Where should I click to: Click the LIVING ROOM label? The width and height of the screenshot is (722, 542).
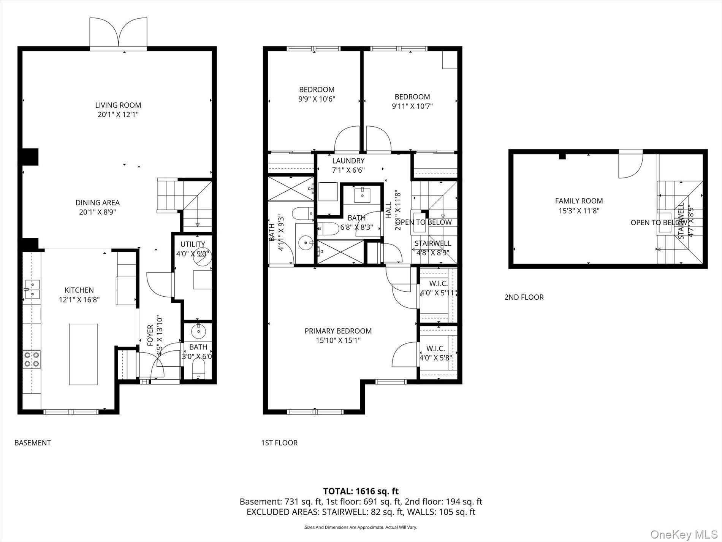tap(118, 105)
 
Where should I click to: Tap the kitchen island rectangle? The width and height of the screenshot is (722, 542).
tap(83, 354)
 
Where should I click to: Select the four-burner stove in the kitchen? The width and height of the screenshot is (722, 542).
tap(32, 359)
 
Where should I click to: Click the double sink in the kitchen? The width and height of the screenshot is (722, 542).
tap(32, 289)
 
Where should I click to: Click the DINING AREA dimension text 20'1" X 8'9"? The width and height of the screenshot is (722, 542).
tap(97, 212)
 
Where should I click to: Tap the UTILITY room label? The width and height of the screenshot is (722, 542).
tap(193, 244)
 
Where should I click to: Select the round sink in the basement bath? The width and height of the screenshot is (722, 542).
tap(198, 331)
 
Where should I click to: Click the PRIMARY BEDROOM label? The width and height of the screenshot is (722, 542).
tap(338, 331)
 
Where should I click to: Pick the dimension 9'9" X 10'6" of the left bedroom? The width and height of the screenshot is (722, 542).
tap(317, 99)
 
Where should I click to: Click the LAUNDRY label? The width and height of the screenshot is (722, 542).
tap(348, 161)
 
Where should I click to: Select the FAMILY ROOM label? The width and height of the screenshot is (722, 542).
tap(579, 201)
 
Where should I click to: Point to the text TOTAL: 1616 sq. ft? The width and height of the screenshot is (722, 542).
tap(361, 491)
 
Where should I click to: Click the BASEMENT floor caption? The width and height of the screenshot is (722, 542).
tap(32, 443)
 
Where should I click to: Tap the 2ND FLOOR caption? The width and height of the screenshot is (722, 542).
tap(524, 297)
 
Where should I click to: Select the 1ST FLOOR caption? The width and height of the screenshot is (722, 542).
tap(279, 443)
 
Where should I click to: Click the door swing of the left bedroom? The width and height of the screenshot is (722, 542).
tap(347, 139)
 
